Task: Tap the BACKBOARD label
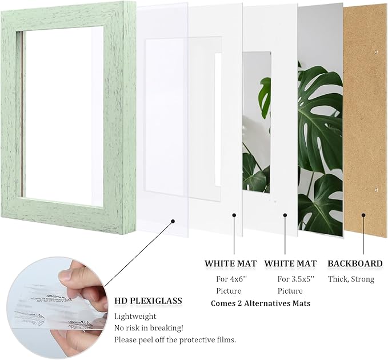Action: pos(354,263)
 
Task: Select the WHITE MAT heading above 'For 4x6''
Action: pos(231,263)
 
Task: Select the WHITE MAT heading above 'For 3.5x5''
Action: pos(291,263)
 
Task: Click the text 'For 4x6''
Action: pos(230,279)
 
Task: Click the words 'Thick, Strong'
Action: pos(350,279)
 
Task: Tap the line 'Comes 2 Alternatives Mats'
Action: pos(261,303)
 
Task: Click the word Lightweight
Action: pos(134,316)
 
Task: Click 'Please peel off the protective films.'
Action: pos(175,340)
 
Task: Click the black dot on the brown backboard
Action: pos(362,215)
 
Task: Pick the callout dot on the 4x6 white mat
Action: pos(234,215)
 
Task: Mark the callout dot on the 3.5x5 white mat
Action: pos(285,215)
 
